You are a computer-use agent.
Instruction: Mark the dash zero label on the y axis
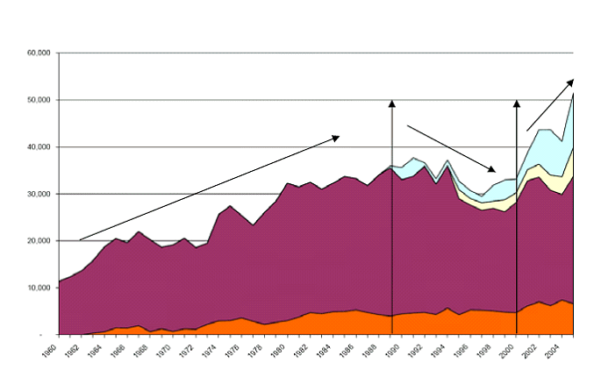click(x=50, y=335)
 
